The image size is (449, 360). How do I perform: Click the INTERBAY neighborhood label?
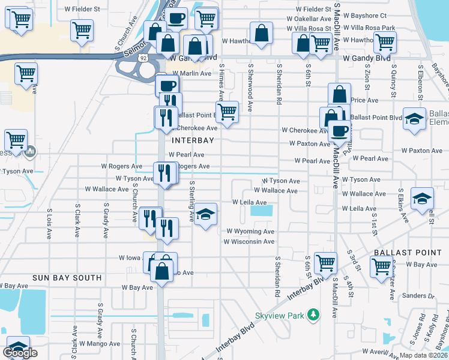click(193, 140)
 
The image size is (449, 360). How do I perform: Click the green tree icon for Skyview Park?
click(312, 315)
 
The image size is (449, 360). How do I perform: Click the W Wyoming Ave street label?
click(250, 232)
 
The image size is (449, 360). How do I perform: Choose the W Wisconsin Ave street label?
click(249, 242)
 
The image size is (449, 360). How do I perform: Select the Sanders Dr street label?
click(418, 296)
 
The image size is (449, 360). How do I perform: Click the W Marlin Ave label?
click(192, 73)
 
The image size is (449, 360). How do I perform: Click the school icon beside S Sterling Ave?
click(205, 214)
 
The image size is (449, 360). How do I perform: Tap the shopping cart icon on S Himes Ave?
click(227, 112)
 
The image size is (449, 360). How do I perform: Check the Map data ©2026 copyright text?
click(423, 355)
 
